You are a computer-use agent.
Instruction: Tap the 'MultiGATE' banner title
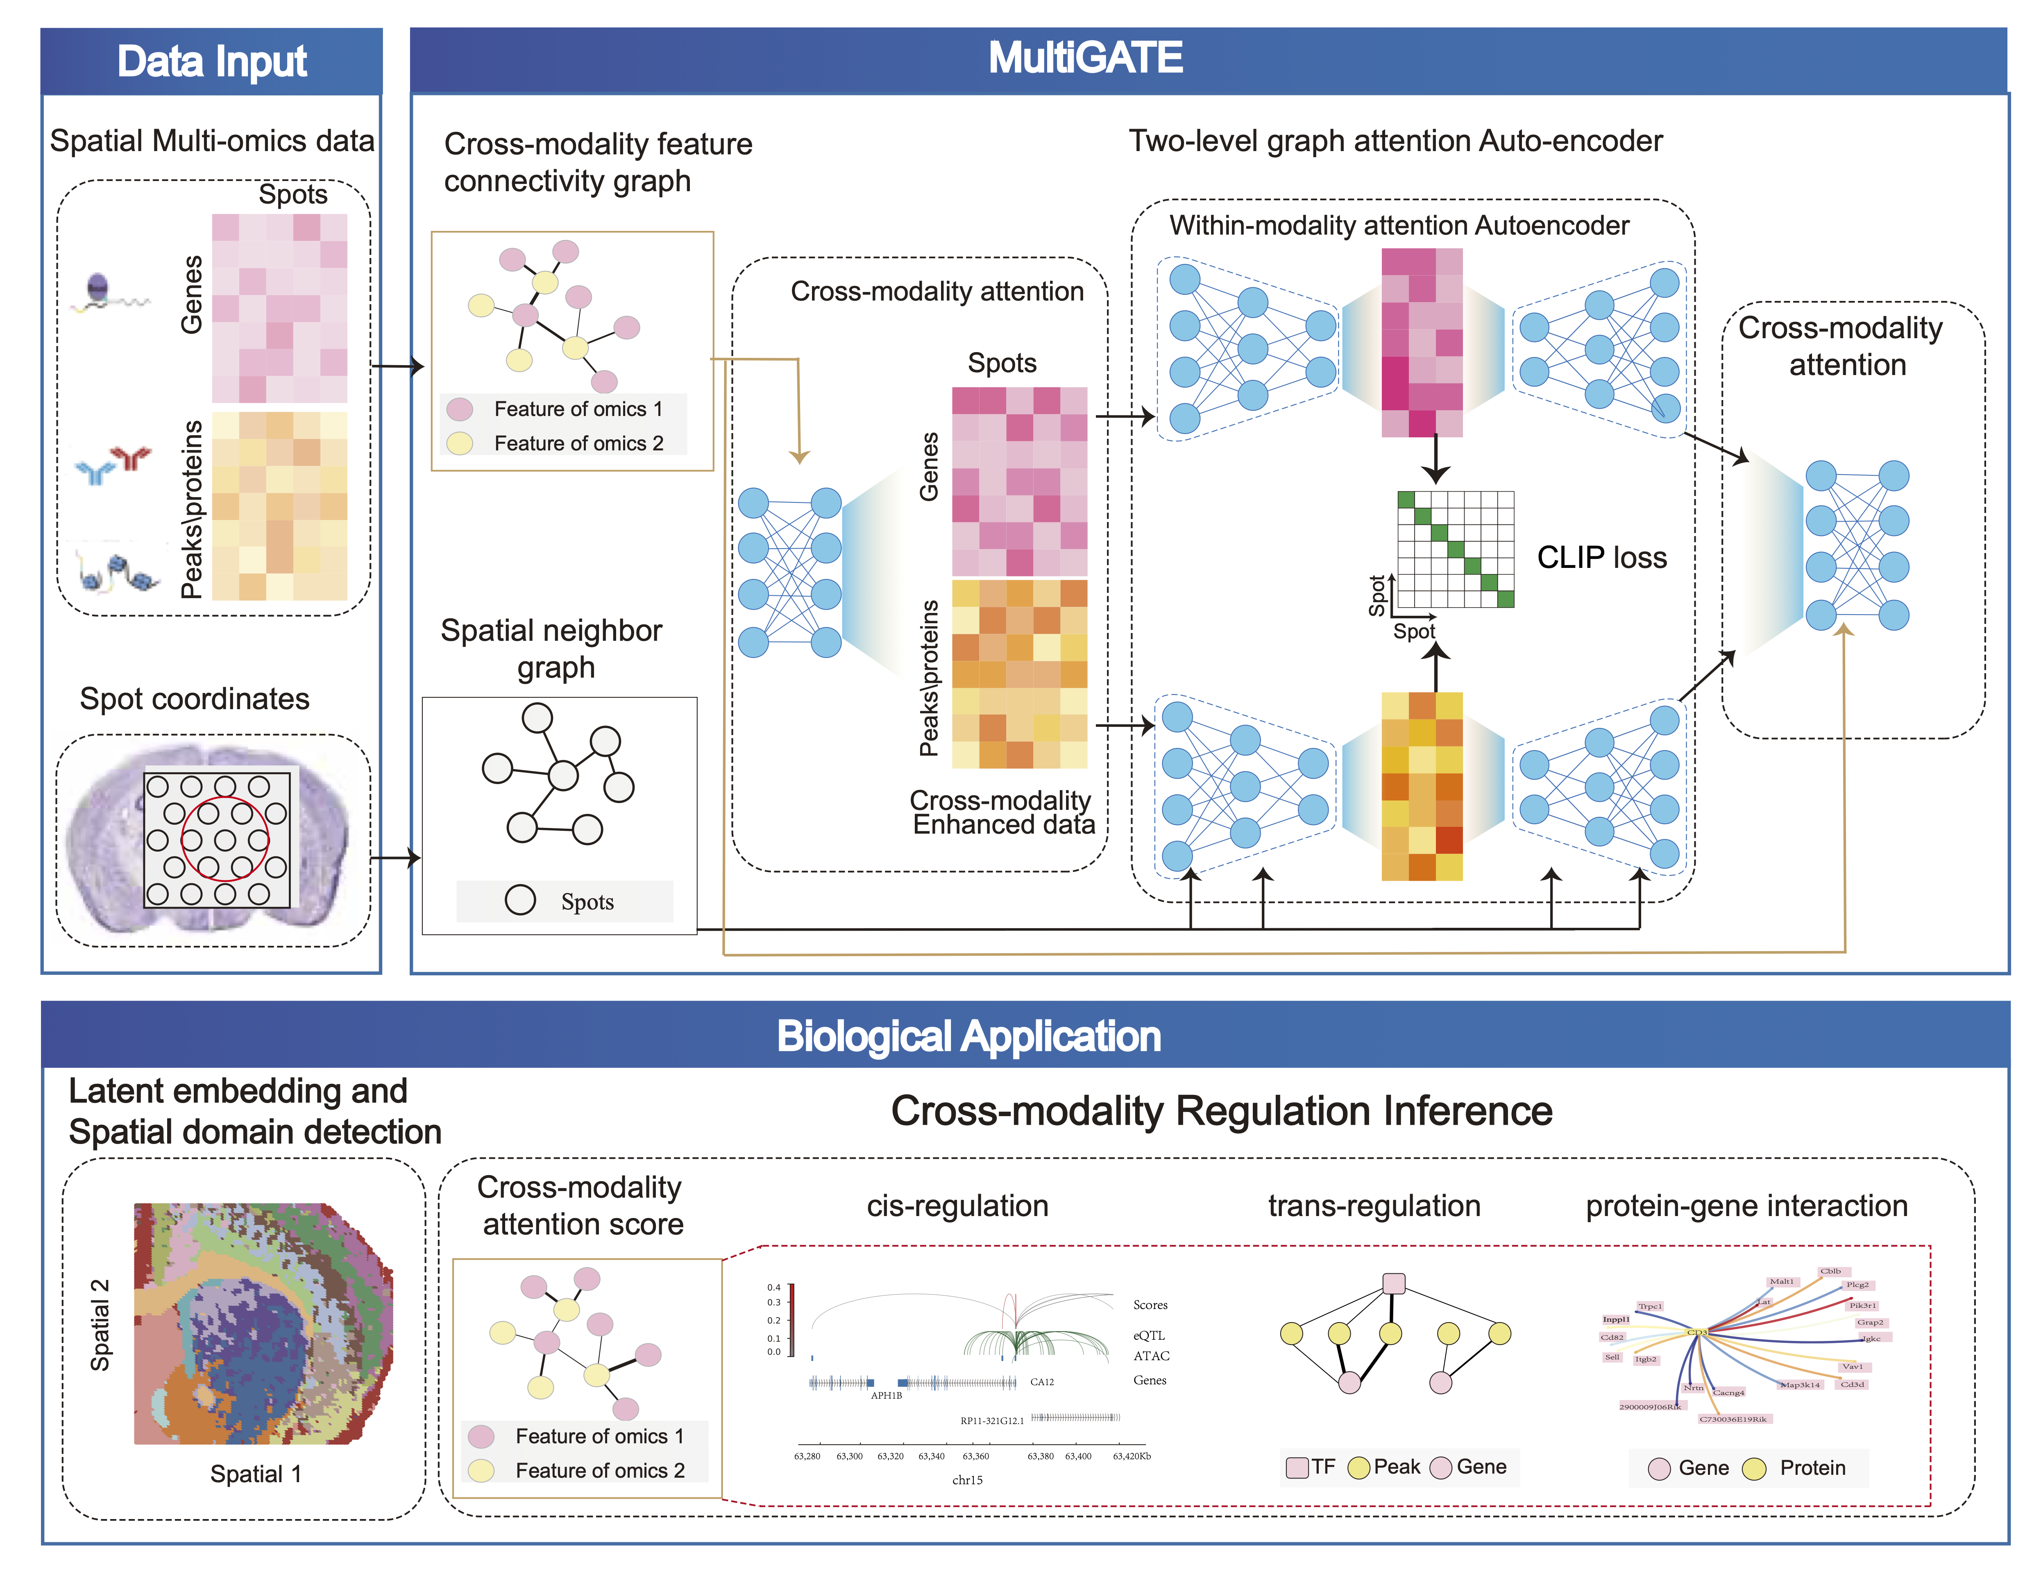[1085, 58]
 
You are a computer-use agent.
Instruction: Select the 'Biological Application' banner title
[968, 1036]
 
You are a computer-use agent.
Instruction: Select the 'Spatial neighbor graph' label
[552, 648]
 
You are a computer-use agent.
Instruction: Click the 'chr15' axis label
[967, 1480]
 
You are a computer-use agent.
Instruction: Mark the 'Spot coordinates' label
[195, 699]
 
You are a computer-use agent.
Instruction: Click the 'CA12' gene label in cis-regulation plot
[1042, 1382]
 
